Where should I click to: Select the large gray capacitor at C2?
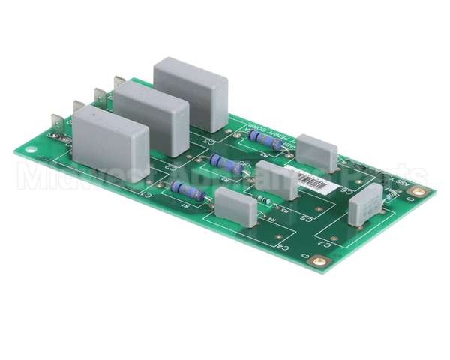point(151,118)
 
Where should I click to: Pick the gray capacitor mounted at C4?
point(235,208)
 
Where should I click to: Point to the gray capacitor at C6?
point(317,153)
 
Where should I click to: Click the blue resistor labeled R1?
point(187,190)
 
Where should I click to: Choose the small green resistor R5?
point(265,199)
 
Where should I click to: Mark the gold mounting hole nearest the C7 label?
point(320,261)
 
